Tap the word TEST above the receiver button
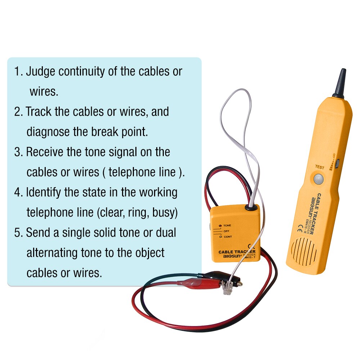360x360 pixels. [x=319, y=167]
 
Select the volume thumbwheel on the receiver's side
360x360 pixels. [x=338, y=164]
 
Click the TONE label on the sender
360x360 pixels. [x=227, y=225]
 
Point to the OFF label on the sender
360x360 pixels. [x=226, y=231]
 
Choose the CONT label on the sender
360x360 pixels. [x=228, y=237]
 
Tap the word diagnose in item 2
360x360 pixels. [x=48, y=132]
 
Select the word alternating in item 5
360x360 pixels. [x=64, y=253]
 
